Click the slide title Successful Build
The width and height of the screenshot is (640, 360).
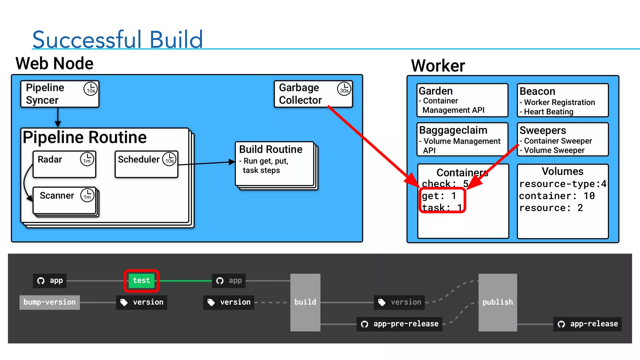tap(117, 40)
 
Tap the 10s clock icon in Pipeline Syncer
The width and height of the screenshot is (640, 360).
tap(91, 89)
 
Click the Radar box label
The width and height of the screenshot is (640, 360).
tap(50, 159)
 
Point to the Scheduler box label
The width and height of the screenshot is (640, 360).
tap(138, 159)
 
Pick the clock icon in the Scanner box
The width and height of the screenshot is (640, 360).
tap(87, 195)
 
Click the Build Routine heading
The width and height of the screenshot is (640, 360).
tap(271, 149)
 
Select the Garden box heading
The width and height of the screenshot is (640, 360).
tap(436, 91)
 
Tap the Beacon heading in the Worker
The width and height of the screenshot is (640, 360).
tap(537, 91)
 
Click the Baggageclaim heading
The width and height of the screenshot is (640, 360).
tap(453, 130)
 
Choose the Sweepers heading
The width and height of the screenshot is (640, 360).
tap(542, 130)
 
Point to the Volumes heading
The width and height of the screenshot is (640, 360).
tap(562, 171)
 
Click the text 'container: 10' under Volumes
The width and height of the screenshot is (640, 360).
tap(557, 196)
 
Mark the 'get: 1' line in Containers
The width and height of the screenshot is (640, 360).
tap(439, 196)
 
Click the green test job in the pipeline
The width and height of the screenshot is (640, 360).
tap(142, 281)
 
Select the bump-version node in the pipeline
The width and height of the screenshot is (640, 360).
tap(50, 302)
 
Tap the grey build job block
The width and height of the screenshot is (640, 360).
tap(305, 302)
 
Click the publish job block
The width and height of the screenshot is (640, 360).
tap(497, 302)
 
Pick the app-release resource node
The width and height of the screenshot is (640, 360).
tap(587, 324)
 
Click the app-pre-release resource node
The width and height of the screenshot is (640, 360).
tap(399, 324)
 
